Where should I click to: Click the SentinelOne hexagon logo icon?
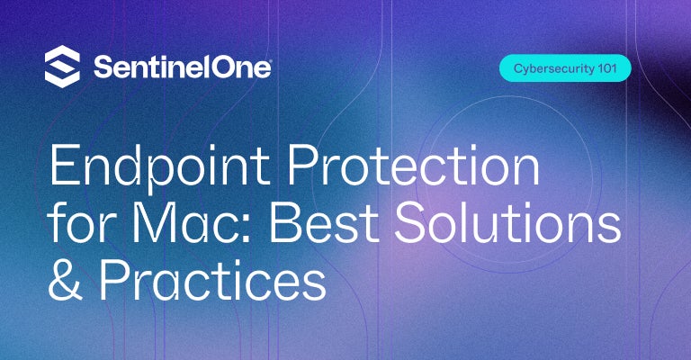coord(62,67)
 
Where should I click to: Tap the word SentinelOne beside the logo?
coord(183,67)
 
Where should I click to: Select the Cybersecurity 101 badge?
coord(565,68)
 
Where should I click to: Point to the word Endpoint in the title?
coord(159,166)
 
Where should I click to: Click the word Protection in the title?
coord(413,164)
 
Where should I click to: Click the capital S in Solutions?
coord(411,222)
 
